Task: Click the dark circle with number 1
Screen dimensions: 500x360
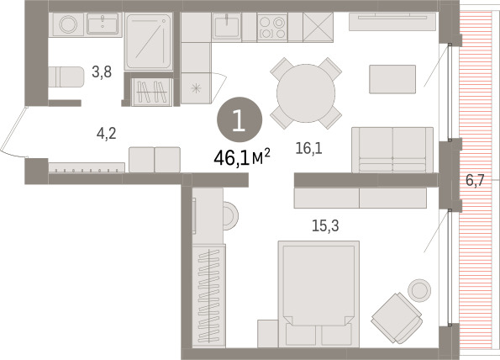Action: tap(239, 119)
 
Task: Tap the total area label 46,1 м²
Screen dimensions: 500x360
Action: tap(242, 157)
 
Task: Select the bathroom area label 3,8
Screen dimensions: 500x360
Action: tap(102, 72)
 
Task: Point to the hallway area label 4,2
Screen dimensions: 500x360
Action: tap(107, 134)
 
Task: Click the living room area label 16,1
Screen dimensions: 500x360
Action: tap(308, 148)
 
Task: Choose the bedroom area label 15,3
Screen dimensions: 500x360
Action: tap(325, 225)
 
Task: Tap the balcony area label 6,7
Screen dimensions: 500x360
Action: tap(475, 181)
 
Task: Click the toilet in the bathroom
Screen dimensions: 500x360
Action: tap(66, 77)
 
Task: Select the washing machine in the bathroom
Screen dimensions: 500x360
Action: tap(68, 24)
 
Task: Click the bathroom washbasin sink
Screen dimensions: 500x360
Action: tap(103, 24)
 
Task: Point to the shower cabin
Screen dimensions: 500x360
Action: tap(148, 41)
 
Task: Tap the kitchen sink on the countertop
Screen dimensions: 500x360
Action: tap(226, 27)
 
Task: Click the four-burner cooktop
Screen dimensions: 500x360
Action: tap(272, 27)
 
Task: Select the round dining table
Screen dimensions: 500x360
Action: tap(306, 93)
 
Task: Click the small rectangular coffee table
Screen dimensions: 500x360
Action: tap(392, 79)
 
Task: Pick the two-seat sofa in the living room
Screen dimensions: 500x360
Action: tap(392, 150)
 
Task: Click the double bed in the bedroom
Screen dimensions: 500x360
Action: tap(318, 294)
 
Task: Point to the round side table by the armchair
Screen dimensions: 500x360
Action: tap(419, 290)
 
